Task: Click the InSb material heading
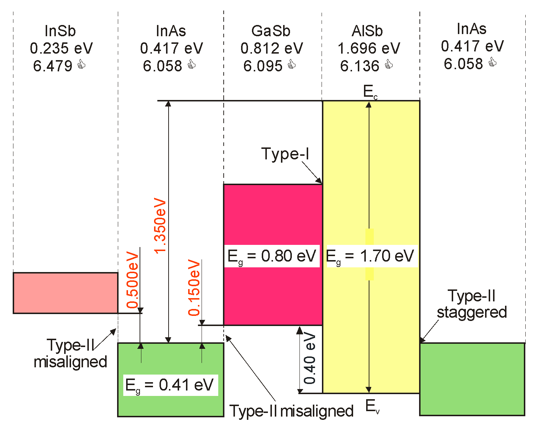[x=60, y=31]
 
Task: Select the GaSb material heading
[x=271, y=31]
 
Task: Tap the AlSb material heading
[x=367, y=31]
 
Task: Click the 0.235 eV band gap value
[x=61, y=48]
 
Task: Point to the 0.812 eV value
[x=272, y=48]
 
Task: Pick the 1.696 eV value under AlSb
[x=369, y=48]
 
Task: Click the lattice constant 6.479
[x=53, y=66]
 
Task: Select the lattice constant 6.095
[x=263, y=66]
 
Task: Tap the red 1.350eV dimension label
[x=160, y=225]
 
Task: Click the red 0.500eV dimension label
[x=133, y=280]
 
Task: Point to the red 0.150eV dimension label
[x=194, y=288]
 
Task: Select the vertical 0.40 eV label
[x=310, y=359]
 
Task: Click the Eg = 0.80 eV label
[x=272, y=256]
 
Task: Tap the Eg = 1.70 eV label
[x=370, y=256]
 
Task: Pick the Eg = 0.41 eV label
[x=169, y=385]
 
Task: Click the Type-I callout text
[x=285, y=154]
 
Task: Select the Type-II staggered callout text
[x=472, y=304]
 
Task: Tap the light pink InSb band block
[x=66, y=293]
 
